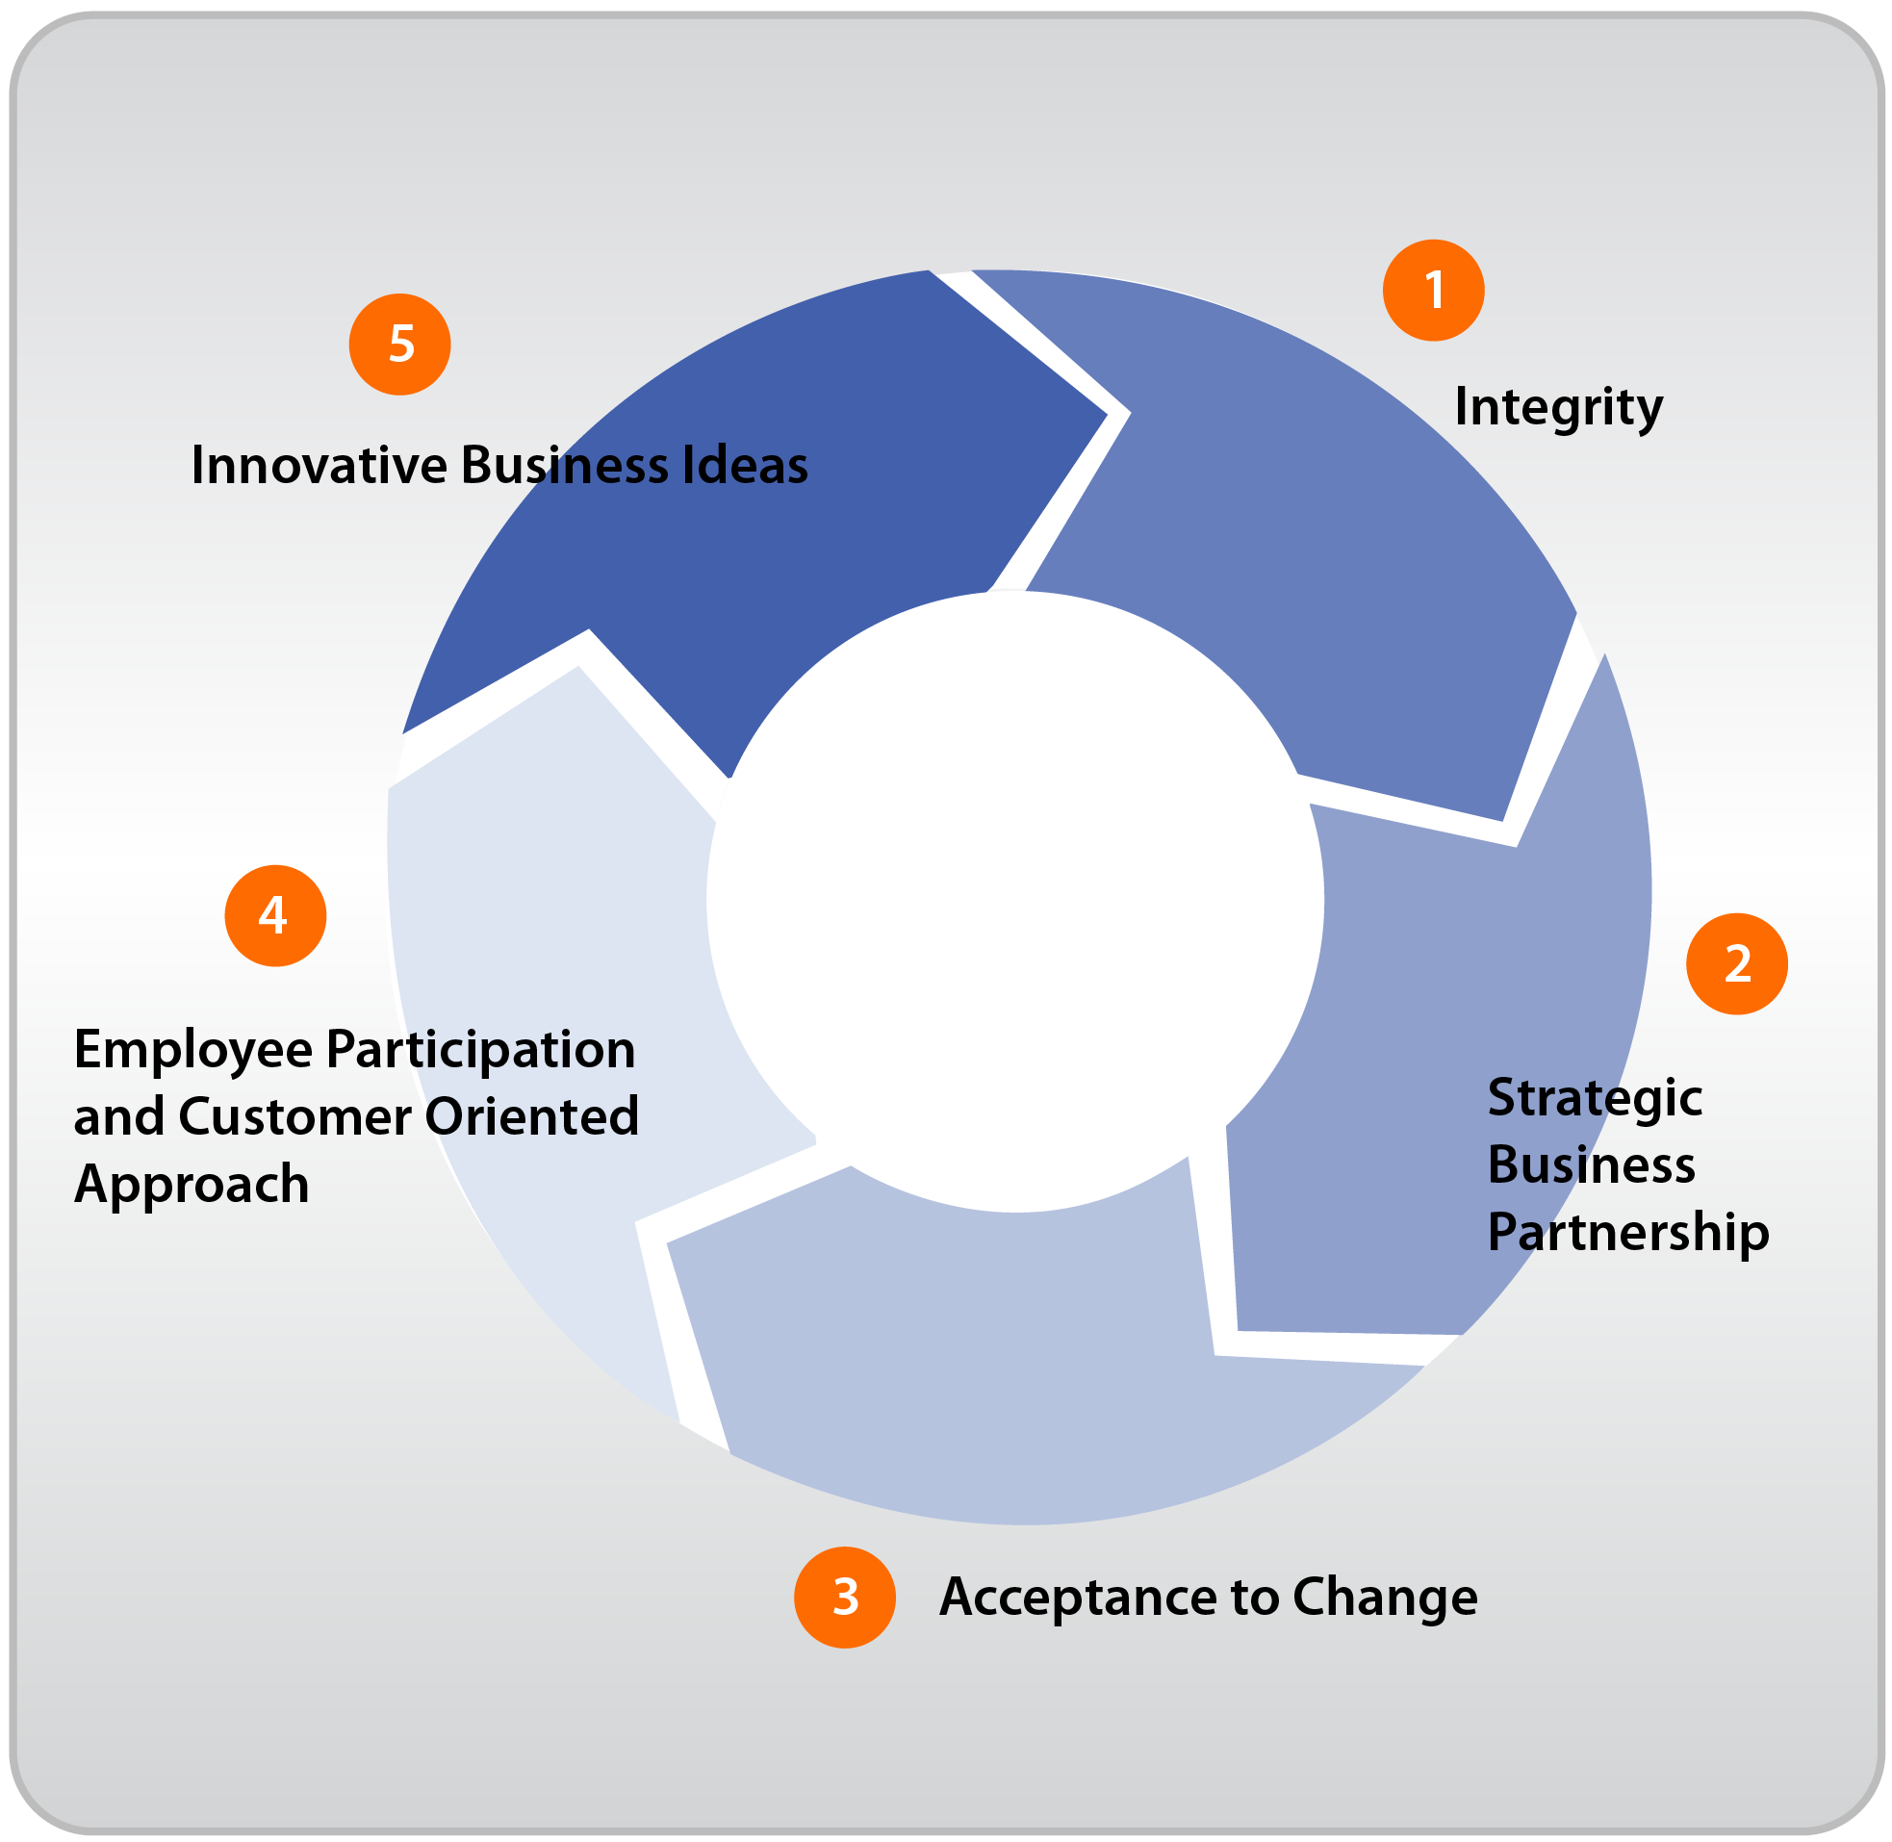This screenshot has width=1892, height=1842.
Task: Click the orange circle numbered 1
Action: pyautogui.click(x=1433, y=291)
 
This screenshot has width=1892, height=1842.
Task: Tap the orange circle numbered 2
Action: pyautogui.click(x=1736, y=963)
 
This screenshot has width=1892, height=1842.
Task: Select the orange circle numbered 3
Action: pyautogui.click(x=844, y=1597)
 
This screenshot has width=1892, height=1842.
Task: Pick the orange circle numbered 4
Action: pyautogui.click(x=274, y=915)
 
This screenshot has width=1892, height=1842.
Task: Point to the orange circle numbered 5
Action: pyautogui.click(x=399, y=344)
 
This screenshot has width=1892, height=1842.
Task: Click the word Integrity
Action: pyautogui.click(x=1557, y=406)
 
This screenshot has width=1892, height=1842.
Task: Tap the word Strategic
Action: pyautogui.click(x=1594, y=1097)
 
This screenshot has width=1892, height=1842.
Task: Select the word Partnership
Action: pyautogui.click(x=1628, y=1233)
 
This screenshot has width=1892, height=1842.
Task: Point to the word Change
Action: pyautogui.click(x=1384, y=1598)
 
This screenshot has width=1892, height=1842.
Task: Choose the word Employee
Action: pyautogui.click(x=192, y=1051)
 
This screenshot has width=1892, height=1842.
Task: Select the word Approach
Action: pyautogui.click(x=192, y=1184)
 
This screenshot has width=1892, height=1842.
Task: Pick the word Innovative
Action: pyautogui.click(x=319, y=466)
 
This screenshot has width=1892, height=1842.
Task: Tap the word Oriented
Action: pyautogui.click(x=532, y=1116)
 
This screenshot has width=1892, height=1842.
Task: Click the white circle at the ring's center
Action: pyautogui.click(x=1013, y=900)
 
